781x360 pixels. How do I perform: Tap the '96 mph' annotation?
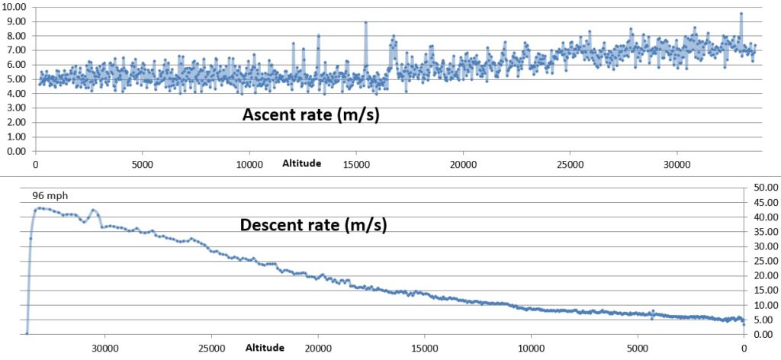(47, 195)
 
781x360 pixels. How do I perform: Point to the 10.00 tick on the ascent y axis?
(15, 7)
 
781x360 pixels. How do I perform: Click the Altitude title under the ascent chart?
(301, 163)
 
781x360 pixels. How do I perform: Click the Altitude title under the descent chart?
(265, 347)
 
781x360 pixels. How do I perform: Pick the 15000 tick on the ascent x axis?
(356, 163)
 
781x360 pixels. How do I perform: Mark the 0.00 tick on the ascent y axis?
(15, 151)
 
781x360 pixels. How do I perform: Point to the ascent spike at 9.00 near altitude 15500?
(366, 22)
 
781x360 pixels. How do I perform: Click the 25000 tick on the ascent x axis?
(570, 163)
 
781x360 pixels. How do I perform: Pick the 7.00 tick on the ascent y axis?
(15, 50)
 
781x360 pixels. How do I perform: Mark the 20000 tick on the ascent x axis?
(463, 163)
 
